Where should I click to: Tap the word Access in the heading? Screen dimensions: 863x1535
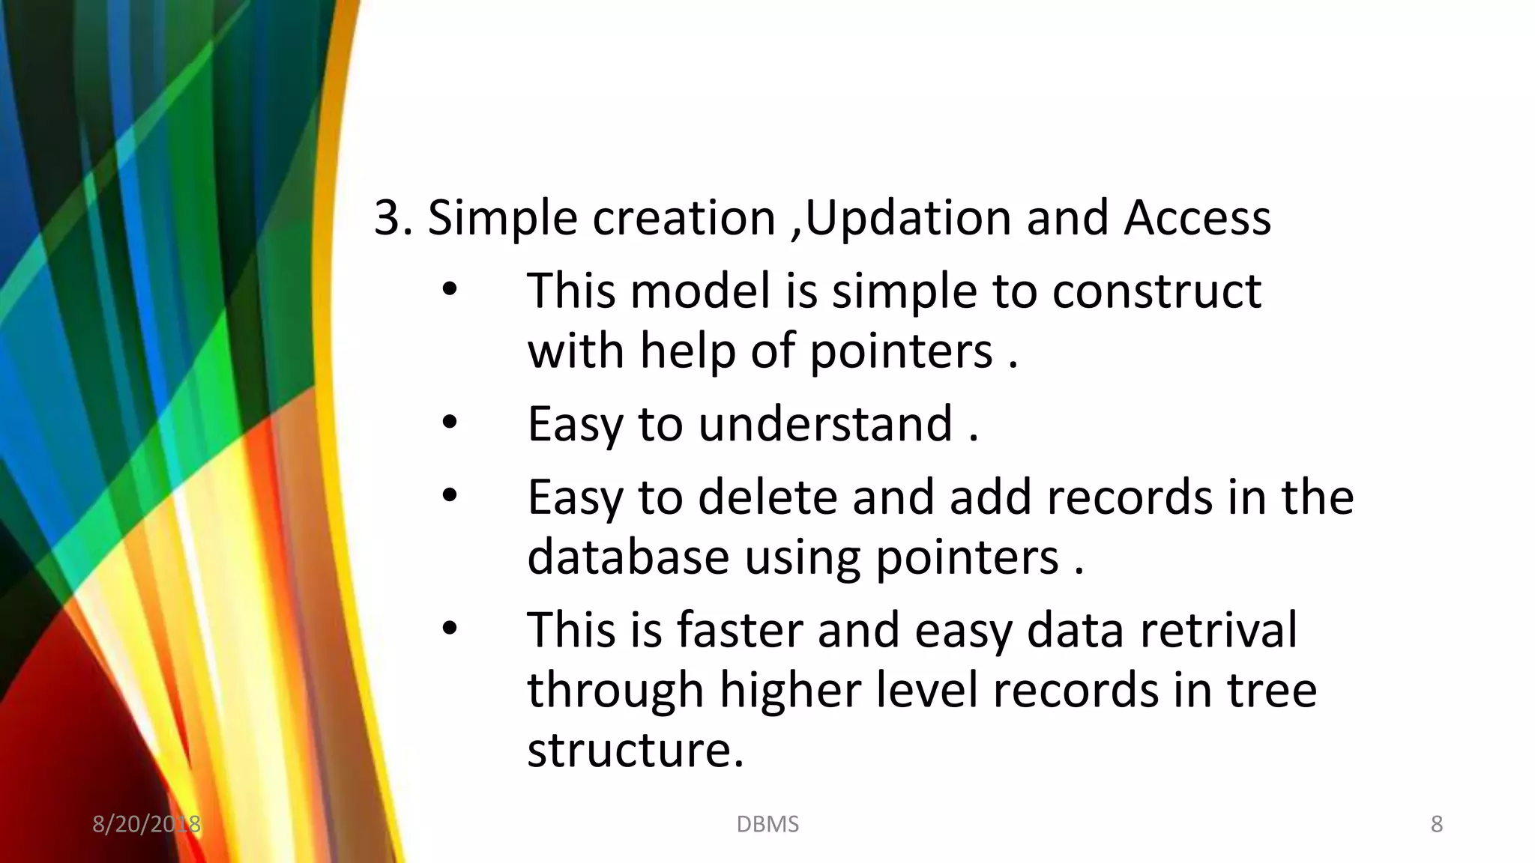[1197, 219]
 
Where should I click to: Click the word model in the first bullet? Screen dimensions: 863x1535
[700, 291]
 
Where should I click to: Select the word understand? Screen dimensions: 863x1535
[825, 425]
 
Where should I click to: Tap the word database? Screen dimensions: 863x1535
[628, 557]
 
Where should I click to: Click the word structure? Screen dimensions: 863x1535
[635, 750]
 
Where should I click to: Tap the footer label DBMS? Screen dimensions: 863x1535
[767, 824]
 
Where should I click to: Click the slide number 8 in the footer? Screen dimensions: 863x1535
[1436, 824]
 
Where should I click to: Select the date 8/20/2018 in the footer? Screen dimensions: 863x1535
[146, 824]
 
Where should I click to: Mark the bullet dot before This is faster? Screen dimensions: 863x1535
[449, 629]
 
